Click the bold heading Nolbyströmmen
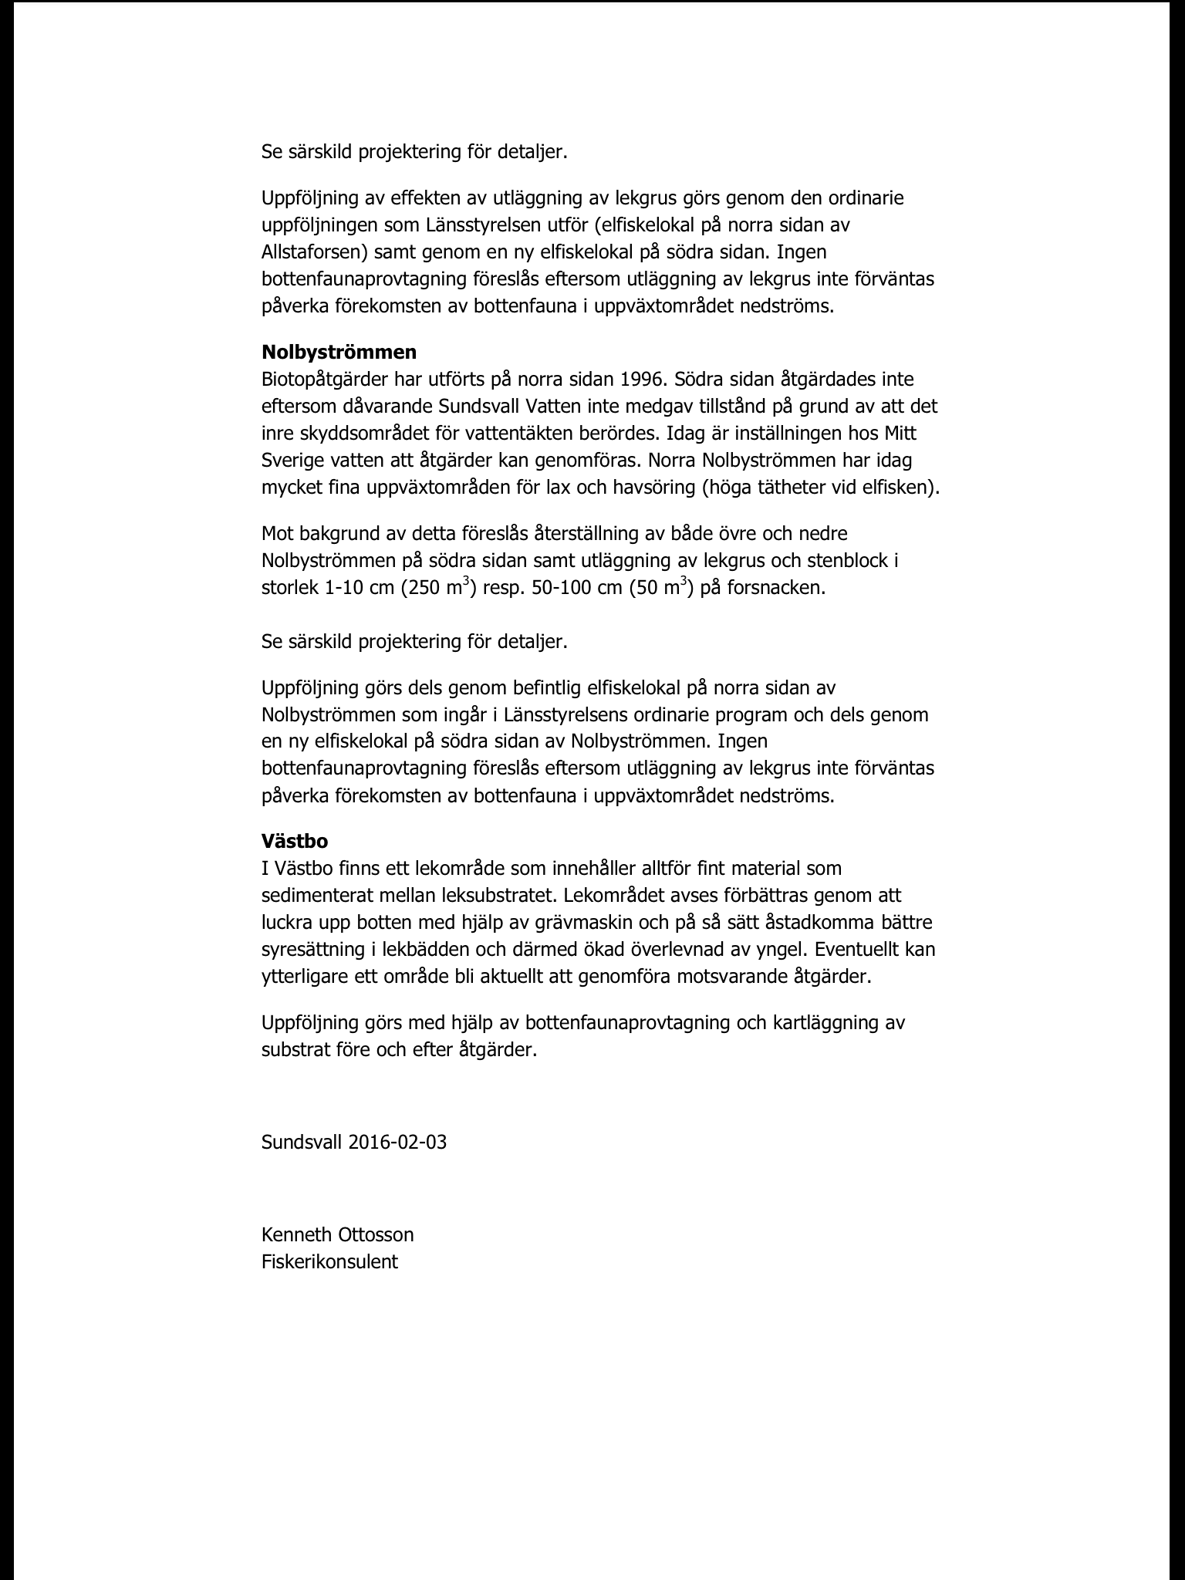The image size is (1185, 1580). click(x=339, y=353)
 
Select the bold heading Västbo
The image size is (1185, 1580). click(x=295, y=841)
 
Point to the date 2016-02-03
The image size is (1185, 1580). click(x=397, y=1143)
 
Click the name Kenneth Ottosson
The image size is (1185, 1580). click(x=337, y=1234)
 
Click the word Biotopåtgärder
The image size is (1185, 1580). click(x=323, y=380)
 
